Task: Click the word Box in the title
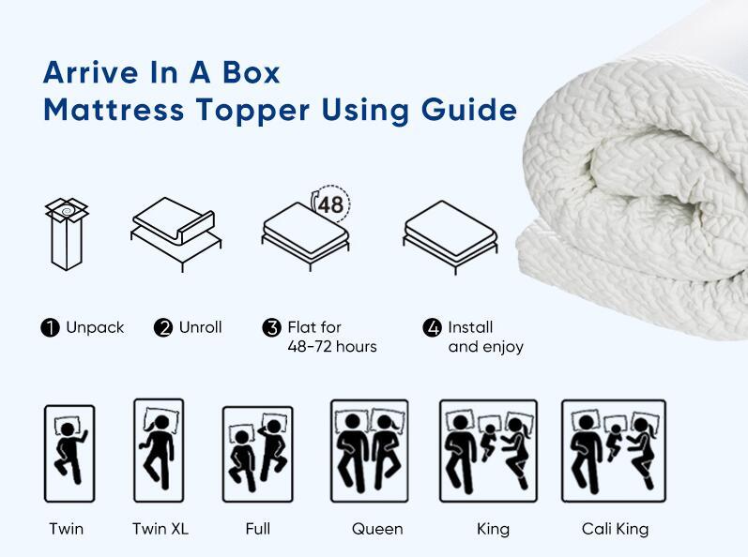251,72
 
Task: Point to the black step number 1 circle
50,328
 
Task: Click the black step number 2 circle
163,328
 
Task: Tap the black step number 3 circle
272,328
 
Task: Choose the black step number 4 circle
433,328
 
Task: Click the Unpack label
95,328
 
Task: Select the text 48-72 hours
332,347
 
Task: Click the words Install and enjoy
485,338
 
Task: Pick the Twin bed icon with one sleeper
69,453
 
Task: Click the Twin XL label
160,529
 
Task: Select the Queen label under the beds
377,529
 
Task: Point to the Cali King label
615,529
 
